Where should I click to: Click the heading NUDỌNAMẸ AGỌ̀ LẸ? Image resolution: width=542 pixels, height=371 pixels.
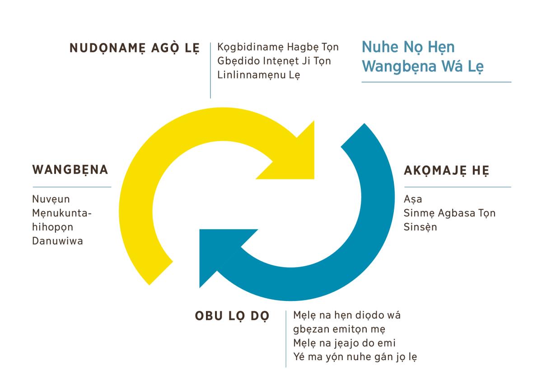(135, 48)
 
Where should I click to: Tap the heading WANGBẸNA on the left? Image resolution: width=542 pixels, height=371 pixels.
(70, 170)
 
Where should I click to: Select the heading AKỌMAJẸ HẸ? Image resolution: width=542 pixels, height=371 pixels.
(447, 171)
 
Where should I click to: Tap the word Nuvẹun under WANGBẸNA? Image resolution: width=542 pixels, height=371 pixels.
(51, 200)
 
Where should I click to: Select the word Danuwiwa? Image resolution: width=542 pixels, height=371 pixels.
(58, 241)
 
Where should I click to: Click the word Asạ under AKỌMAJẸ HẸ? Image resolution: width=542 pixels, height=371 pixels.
(413, 200)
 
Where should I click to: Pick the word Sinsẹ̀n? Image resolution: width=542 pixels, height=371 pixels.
(421, 227)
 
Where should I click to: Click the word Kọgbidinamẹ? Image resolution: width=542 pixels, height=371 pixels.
(250, 47)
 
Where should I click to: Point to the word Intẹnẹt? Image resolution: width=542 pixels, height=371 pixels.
(281, 61)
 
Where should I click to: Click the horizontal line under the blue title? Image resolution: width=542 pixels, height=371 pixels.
(436, 82)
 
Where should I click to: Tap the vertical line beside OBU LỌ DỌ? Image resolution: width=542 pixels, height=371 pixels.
(286, 339)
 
